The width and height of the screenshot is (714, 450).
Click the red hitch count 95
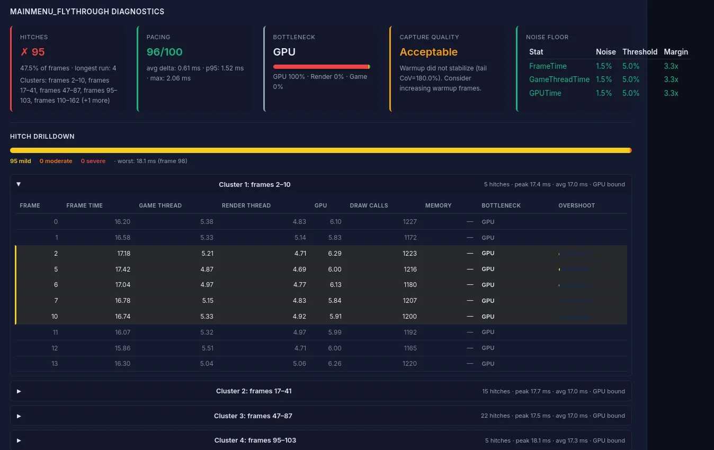click(x=32, y=52)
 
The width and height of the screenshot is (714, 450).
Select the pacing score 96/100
click(x=164, y=52)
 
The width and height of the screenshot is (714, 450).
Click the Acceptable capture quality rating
click(x=428, y=52)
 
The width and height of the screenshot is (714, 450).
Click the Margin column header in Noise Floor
click(x=675, y=52)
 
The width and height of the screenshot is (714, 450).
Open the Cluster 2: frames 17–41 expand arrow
click(x=19, y=391)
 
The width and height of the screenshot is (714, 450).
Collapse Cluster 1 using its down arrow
click(x=19, y=184)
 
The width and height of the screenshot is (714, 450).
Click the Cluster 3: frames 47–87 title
click(x=253, y=416)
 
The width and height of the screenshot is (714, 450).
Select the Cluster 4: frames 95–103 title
click(x=255, y=440)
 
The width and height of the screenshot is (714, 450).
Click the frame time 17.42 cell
click(x=122, y=269)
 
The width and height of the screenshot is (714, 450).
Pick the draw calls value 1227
click(x=409, y=222)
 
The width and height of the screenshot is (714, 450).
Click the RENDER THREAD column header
click(x=246, y=205)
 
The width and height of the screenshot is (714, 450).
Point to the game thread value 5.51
click(x=207, y=348)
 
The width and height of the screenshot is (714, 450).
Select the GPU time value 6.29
click(x=334, y=253)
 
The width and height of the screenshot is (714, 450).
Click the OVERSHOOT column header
click(x=576, y=205)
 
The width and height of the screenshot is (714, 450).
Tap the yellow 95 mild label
click(x=21, y=161)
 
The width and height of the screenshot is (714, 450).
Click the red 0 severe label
click(x=93, y=161)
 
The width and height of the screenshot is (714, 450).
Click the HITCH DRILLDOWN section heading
click(x=42, y=137)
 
